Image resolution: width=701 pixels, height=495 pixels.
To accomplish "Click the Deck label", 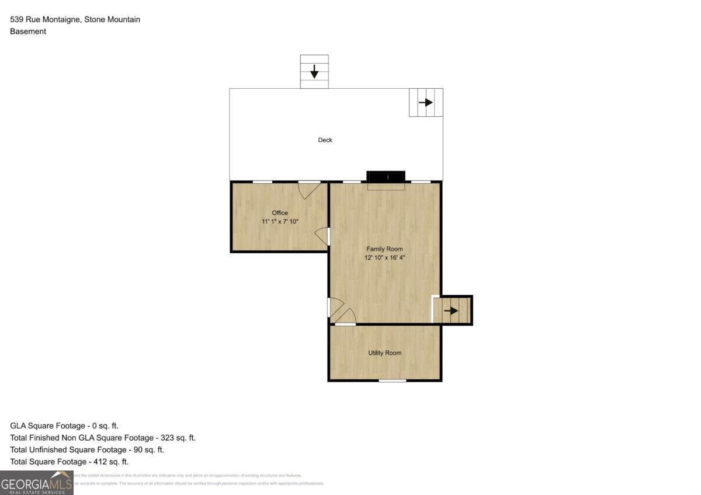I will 325,140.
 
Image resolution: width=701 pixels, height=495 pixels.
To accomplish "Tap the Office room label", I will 280,213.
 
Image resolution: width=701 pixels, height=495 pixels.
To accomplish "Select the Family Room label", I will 384,249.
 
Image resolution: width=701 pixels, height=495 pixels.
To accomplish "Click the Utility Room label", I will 384,353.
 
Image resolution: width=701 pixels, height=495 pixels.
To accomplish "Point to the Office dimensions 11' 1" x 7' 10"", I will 280,222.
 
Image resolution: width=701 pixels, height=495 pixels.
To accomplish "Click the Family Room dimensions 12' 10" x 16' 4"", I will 384,258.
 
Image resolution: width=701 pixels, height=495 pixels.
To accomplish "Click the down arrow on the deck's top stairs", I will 314,72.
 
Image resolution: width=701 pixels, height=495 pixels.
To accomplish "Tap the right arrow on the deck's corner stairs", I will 426,103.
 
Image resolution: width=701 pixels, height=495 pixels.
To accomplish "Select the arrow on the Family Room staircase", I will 451,311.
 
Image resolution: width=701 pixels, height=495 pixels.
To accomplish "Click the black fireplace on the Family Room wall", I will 386,177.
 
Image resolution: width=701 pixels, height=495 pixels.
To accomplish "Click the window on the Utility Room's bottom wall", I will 392,381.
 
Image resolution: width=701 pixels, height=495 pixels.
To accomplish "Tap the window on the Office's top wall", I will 262,182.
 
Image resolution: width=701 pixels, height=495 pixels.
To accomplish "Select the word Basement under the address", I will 28,32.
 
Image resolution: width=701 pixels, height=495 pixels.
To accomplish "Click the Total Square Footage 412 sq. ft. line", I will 69,462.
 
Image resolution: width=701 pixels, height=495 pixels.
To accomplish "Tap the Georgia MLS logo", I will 36,483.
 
